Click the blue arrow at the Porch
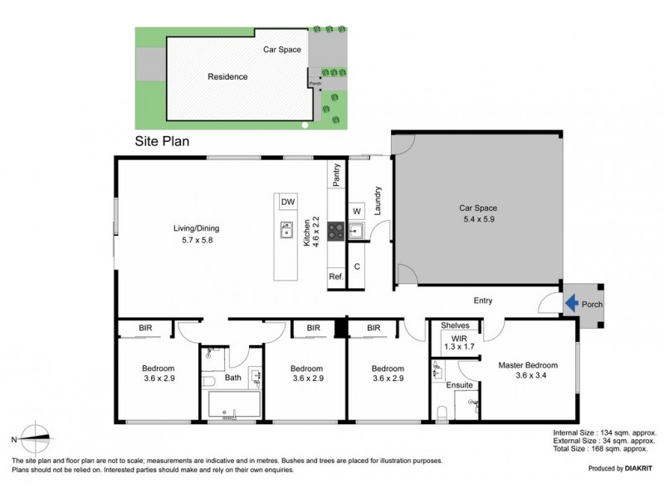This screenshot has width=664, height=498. coord(571,304)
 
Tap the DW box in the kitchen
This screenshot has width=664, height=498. coord(287,203)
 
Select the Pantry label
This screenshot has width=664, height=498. coord(337,176)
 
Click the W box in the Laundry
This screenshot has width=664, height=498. coord(357,211)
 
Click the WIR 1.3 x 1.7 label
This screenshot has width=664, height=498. coord(458,341)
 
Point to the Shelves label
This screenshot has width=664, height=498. coord(456,325)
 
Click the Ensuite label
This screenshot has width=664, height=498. coord(459,385)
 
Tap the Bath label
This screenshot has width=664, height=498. coord(232,378)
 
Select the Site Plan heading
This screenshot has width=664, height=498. coord(163,141)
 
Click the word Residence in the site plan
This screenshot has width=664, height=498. coord(227,76)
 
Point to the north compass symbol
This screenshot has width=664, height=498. coord(33,438)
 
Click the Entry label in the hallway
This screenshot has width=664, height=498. coord(483,300)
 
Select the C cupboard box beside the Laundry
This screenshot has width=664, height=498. coord(356,267)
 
